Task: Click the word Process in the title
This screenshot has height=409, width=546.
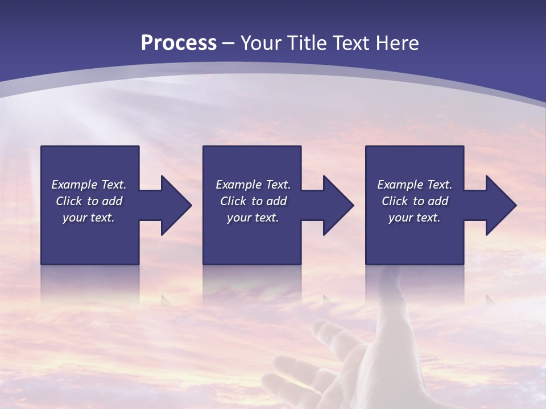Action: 179,43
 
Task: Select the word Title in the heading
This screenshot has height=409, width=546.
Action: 307,43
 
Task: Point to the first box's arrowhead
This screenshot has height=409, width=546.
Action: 176,205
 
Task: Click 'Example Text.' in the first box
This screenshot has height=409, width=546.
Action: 89,185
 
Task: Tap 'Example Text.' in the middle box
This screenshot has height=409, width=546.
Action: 253,185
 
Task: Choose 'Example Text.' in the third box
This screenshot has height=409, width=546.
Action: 415,185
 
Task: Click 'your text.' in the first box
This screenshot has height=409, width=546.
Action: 89,218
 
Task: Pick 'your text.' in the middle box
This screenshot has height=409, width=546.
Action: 253,218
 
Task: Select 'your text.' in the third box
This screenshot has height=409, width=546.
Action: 415,218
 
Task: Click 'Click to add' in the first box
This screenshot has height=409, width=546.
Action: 89,201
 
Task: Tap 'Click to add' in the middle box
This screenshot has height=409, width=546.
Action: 253,201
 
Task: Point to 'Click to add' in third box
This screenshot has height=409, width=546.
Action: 415,201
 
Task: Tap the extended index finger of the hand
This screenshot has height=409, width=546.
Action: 392,290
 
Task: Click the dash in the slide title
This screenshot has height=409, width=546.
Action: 229,44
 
